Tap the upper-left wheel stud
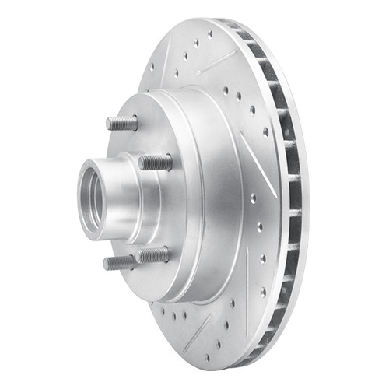click(x=122, y=123)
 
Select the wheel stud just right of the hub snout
click(x=156, y=162)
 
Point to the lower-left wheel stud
click(x=119, y=262)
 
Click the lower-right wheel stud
click(x=152, y=254)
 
